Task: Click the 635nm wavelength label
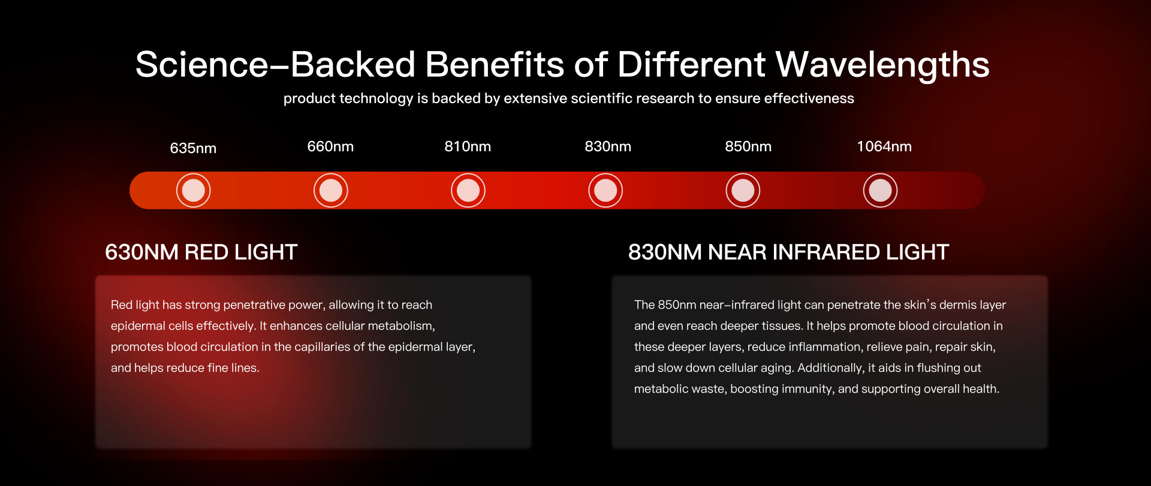coord(193,148)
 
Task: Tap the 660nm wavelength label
coord(330,146)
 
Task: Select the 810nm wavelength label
coord(468,146)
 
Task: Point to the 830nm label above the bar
coord(608,146)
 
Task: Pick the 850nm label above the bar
coord(748,146)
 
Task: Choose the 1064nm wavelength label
coord(884,146)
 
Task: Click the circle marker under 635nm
coord(193,190)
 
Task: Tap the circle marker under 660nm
coord(331,190)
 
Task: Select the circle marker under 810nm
coord(468,190)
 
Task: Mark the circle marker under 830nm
coord(605,190)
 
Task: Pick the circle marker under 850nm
coord(743,190)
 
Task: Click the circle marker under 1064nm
coord(880,190)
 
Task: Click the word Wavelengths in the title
coord(882,65)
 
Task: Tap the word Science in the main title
coord(202,65)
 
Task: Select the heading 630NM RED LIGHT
coord(201,252)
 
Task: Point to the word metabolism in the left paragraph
coord(400,326)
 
